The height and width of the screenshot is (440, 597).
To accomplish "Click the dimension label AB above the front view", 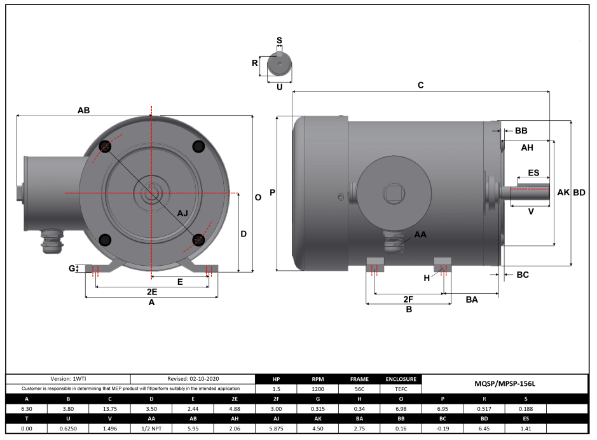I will pyautogui.click(x=83, y=110).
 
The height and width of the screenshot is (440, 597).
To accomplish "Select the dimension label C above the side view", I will pyautogui.click(x=420, y=85).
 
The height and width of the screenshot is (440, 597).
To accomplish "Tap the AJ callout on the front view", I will pyautogui.click(x=182, y=212).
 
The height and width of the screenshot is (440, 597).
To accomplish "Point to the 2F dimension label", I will pyautogui.click(x=409, y=298).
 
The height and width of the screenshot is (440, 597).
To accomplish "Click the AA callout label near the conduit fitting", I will pyautogui.click(x=420, y=235).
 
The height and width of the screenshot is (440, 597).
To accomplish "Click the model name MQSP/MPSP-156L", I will pyautogui.click(x=505, y=384).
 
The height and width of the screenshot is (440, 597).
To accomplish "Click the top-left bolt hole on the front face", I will pyautogui.click(x=106, y=147).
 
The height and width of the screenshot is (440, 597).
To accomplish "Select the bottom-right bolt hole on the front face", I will pyautogui.click(x=198, y=240).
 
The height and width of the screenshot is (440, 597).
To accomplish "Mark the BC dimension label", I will pyautogui.click(x=522, y=275).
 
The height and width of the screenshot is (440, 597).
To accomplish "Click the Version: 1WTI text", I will pyautogui.click(x=68, y=378).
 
